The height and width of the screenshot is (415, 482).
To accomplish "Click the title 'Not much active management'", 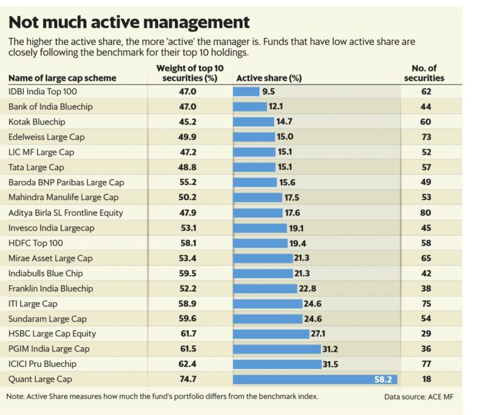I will (129, 23).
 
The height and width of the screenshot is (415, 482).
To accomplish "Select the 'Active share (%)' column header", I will (268, 78).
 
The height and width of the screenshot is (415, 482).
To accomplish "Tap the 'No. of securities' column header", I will (424, 73).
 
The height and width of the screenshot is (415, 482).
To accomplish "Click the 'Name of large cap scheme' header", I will (62, 78).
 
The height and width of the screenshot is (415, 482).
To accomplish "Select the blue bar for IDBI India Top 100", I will (246, 92).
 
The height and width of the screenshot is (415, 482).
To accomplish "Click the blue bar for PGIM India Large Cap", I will (276, 349).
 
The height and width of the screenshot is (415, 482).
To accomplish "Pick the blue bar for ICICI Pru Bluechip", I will (276, 364).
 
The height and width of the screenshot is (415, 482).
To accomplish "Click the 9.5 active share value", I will (269, 92).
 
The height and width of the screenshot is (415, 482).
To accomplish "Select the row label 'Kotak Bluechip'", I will (37, 122).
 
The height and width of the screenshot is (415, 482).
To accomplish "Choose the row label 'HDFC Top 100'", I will (36, 243).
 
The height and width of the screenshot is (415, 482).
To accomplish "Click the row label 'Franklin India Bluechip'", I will (51, 288).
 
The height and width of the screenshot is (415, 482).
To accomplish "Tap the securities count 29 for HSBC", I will (426, 334).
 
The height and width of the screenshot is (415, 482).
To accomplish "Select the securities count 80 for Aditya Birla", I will (426, 213).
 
